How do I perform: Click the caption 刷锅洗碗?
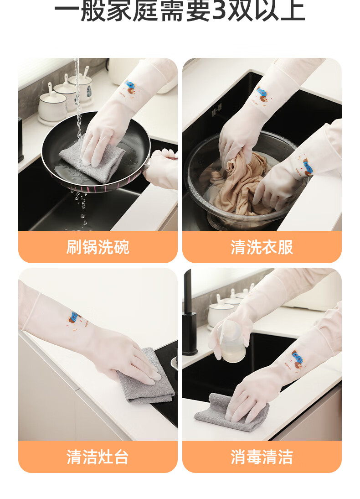click(x=98, y=247)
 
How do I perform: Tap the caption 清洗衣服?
click(x=262, y=247)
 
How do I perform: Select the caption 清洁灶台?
click(x=98, y=457)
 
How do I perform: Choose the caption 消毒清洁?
click(x=262, y=457)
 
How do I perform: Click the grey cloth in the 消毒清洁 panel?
click(x=231, y=412)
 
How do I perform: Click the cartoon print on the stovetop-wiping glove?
click(x=76, y=320)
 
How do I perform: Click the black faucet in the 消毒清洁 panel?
click(x=189, y=313)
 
